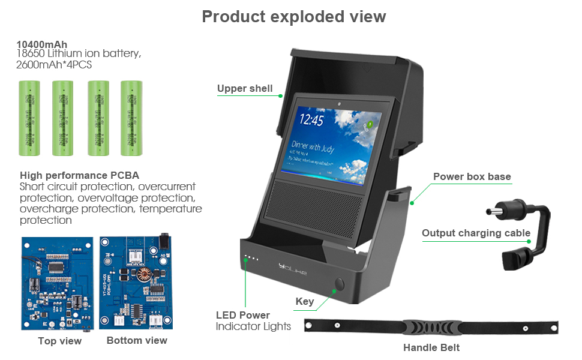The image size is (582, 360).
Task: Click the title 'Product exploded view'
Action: point(294,16)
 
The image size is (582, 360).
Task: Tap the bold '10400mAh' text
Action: point(42,44)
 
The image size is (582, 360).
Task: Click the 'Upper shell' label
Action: point(245,89)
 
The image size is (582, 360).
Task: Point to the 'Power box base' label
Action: point(472,176)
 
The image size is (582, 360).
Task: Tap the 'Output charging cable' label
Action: point(476,233)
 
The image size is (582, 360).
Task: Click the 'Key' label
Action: point(305,301)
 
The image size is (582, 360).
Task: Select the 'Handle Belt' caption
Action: point(431,347)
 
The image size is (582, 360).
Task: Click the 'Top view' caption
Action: point(59,341)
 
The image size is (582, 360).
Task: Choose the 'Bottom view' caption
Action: point(137,340)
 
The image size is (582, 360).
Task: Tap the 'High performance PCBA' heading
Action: point(80,176)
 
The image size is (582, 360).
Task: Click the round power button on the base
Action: point(340,284)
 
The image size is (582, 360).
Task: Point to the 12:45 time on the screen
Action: point(311,121)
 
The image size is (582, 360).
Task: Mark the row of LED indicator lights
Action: point(251,259)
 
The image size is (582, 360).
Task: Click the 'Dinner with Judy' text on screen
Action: point(313,146)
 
